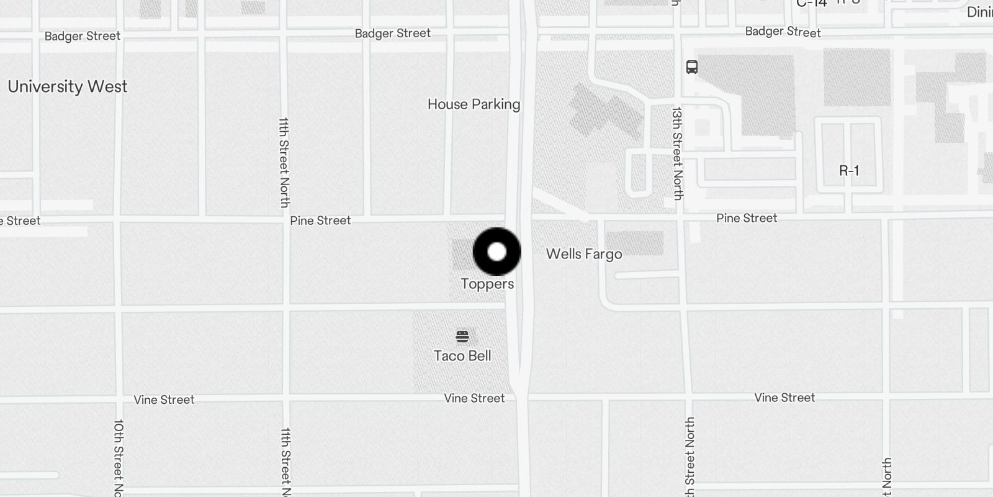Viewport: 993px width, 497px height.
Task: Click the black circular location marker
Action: click(496, 252)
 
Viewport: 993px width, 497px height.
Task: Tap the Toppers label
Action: click(487, 284)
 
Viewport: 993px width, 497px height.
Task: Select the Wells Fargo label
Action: click(583, 254)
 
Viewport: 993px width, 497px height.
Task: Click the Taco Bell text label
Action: click(462, 356)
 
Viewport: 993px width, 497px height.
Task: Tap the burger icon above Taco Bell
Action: click(462, 337)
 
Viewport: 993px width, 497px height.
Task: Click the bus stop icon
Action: click(692, 67)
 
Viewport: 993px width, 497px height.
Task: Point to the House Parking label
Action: click(474, 104)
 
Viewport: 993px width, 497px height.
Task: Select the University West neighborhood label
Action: click(67, 86)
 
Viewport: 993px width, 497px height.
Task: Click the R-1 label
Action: click(849, 171)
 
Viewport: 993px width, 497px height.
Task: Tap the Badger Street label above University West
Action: click(82, 36)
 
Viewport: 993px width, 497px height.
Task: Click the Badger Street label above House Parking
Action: click(392, 34)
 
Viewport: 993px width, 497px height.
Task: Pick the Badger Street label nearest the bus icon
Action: click(783, 32)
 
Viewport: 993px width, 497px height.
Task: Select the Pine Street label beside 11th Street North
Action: click(320, 221)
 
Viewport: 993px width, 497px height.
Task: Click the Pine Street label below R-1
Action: click(747, 218)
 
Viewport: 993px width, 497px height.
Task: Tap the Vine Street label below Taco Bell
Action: click(474, 398)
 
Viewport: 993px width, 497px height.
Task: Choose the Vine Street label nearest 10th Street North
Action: click(164, 399)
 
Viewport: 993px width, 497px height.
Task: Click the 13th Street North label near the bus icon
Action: click(677, 153)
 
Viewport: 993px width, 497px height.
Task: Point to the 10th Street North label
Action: click(119, 457)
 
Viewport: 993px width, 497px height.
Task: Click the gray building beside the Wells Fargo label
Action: click(634, 243)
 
